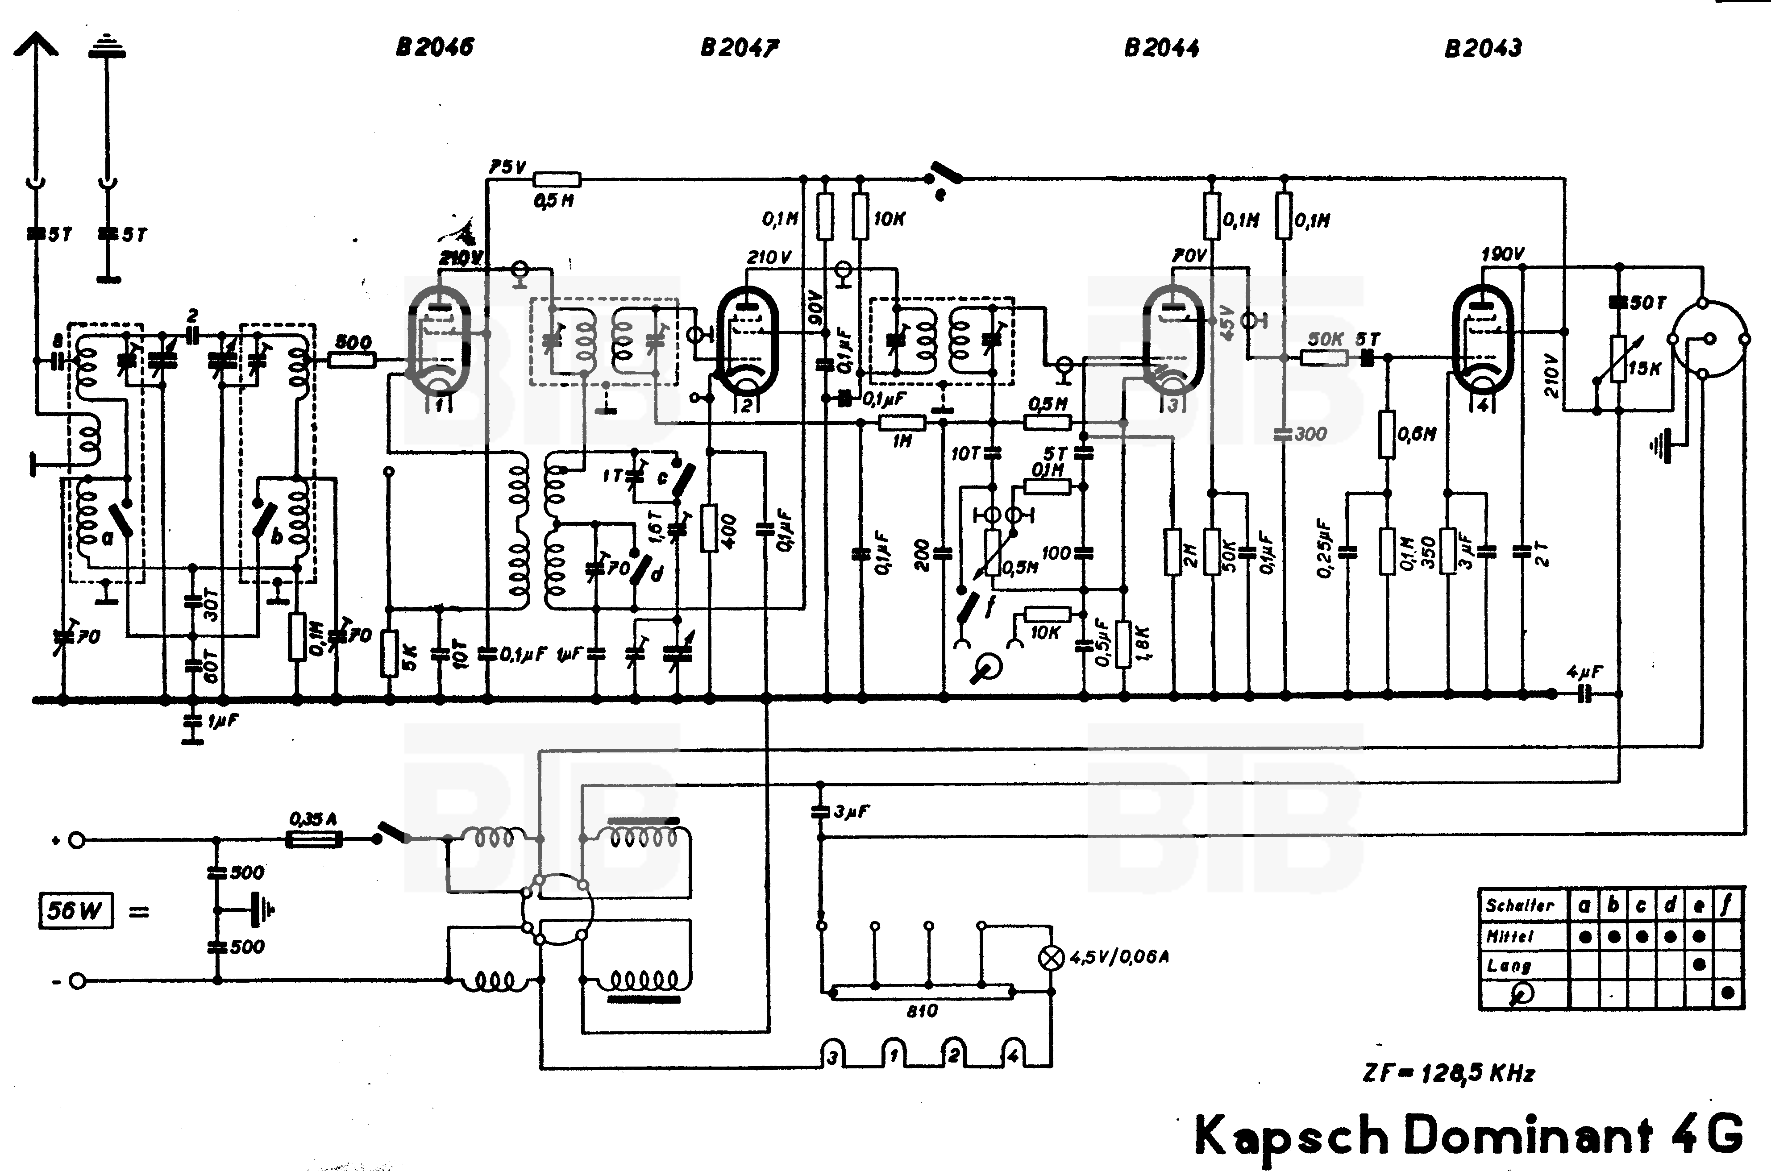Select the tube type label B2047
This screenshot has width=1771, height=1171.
point(739,48)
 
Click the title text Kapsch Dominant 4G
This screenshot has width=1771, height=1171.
point(1468,1135)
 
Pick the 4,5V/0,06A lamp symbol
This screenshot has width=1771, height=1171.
point(1052,957)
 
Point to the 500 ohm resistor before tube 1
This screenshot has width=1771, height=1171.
point(353,360)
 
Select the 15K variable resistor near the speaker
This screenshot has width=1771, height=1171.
point(1619,359)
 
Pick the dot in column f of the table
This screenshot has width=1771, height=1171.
point(1728,993)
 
